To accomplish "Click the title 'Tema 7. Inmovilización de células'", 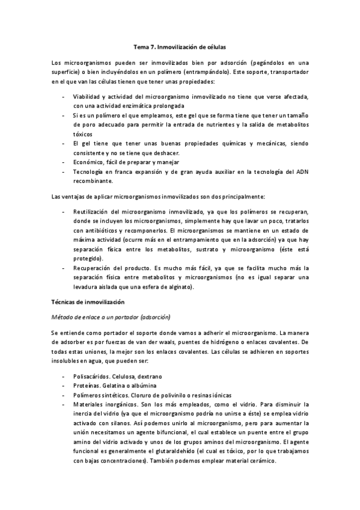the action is [180, 46].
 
